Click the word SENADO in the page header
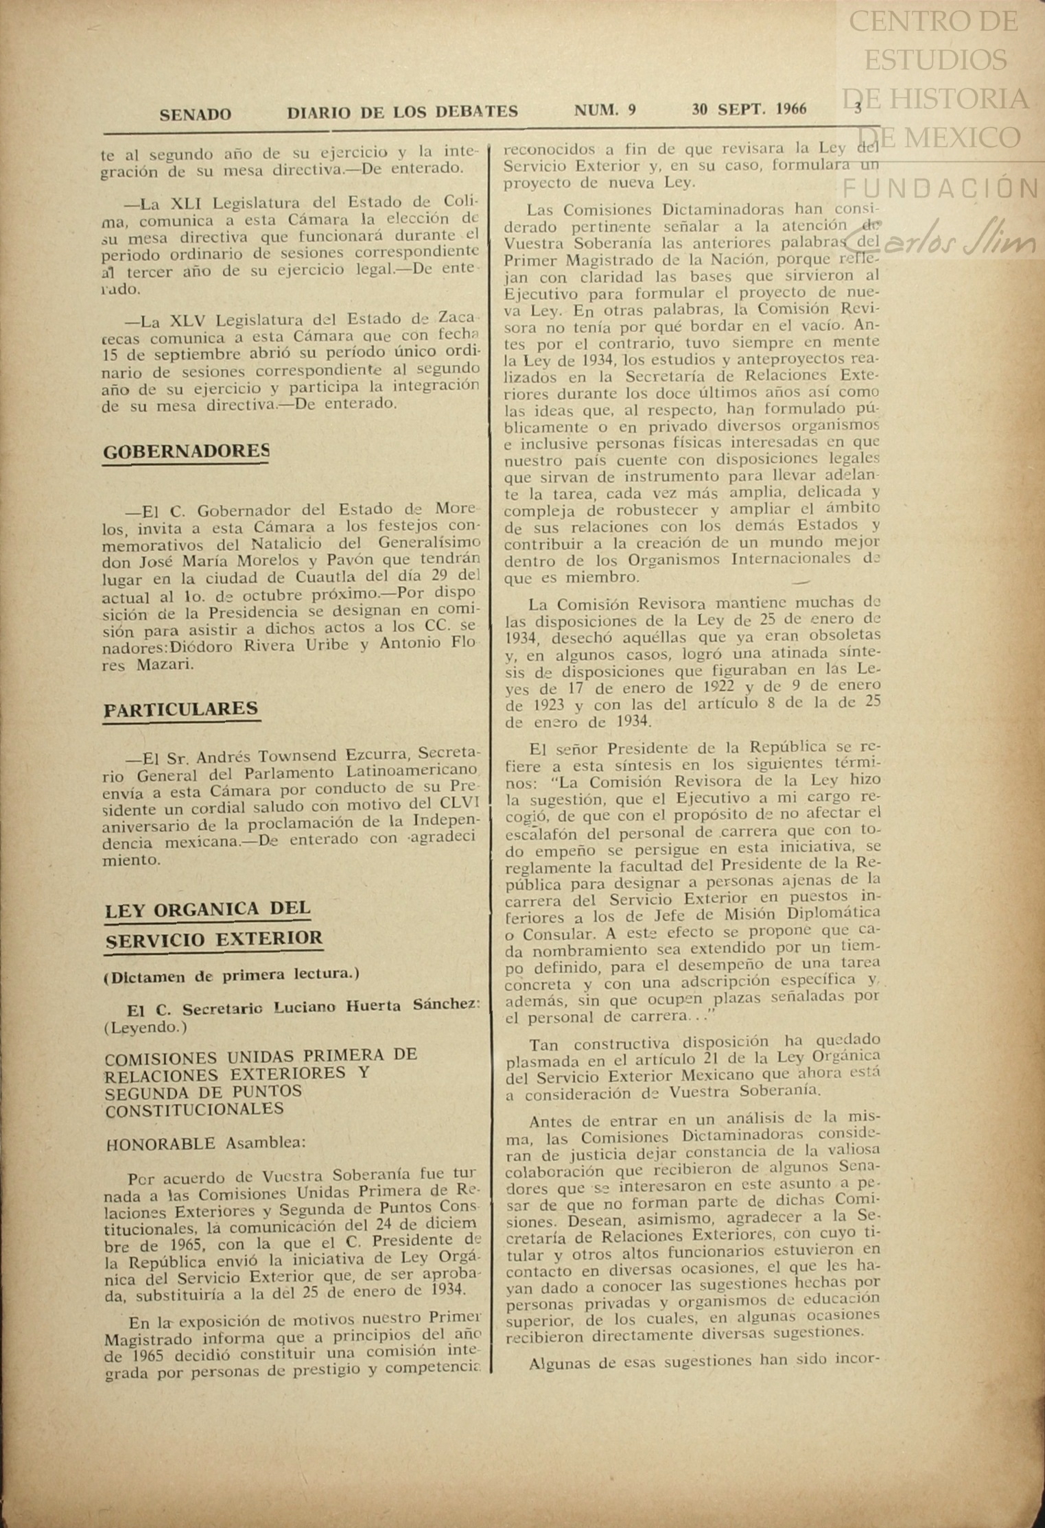click(195, 114)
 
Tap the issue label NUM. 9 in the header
click(605, 110)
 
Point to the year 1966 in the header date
click(792, 109)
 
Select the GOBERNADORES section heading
click(186, 451)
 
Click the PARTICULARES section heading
click(181, 709)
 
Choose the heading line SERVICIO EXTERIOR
click(214, 938)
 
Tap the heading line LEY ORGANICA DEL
click(207, 910)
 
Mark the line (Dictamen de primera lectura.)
click(231, 974)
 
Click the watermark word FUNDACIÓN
click(939, 187)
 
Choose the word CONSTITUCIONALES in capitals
click(194, 1109)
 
